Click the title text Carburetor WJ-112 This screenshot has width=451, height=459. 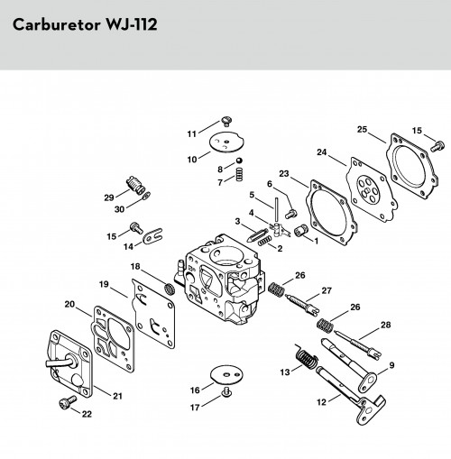pyautogui.click(x=85, y=24)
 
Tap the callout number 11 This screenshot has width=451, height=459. pyautogui.click(x=192, y=134)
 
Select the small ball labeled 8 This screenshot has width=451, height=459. pyautogui.click(x=239, y=161)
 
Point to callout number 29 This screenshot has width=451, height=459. pyautogui.click(x=109, y=197)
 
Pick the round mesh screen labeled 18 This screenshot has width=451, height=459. pyautogui.click(x=170, y=289)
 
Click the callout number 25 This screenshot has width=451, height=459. pyautogui.click(x=363, y=129)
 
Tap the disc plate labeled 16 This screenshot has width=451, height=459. pyautogui.click(x=226, y=374)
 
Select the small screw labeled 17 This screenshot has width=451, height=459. pyautogui.click(x=226, y=392)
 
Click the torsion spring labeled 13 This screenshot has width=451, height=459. pyautogui.click(x=306, y=357)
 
